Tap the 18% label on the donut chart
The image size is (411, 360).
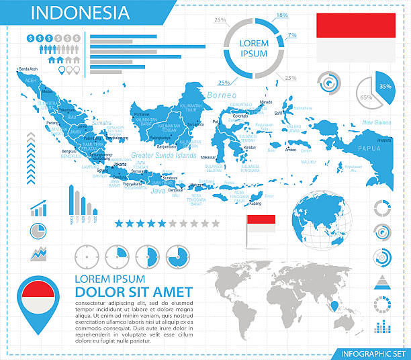pos(282,15)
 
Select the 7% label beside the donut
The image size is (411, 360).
pos(292,34)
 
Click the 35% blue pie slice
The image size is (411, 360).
pos(385,87)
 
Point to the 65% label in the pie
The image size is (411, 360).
pos(366,97)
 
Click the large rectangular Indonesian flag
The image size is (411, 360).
pos(356,37)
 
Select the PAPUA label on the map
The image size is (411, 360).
pos(369,148)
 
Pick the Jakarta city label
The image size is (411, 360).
pos(121,163)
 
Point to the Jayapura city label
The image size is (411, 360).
pos(384,140)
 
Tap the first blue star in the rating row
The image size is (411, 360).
pos(119,223)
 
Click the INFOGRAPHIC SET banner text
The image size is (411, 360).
pos(372,353)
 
